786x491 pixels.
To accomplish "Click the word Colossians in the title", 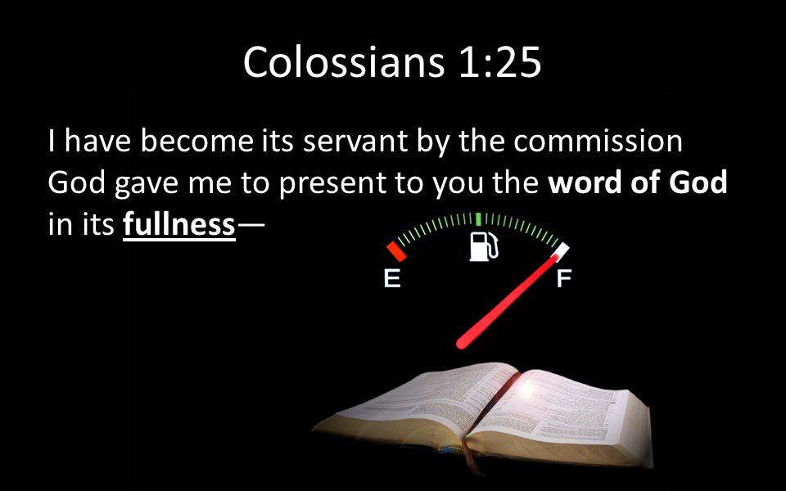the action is (343, 61).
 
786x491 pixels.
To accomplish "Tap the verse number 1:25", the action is (499, 62).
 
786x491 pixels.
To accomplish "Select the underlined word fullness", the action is (179, 223).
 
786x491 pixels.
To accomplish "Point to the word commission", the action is (598, 141).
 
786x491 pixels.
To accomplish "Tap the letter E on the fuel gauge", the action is (392, 278).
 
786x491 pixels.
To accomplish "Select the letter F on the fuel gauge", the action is (564, 278).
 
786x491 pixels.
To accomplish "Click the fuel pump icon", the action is (484, 246).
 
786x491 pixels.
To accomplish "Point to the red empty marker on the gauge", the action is (396, 251).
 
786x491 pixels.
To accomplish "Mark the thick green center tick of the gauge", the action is (478, 219).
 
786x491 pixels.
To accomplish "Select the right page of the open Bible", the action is (557, 408).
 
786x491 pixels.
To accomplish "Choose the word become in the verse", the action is (197, 141).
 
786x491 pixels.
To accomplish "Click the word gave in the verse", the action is (146, 184).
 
